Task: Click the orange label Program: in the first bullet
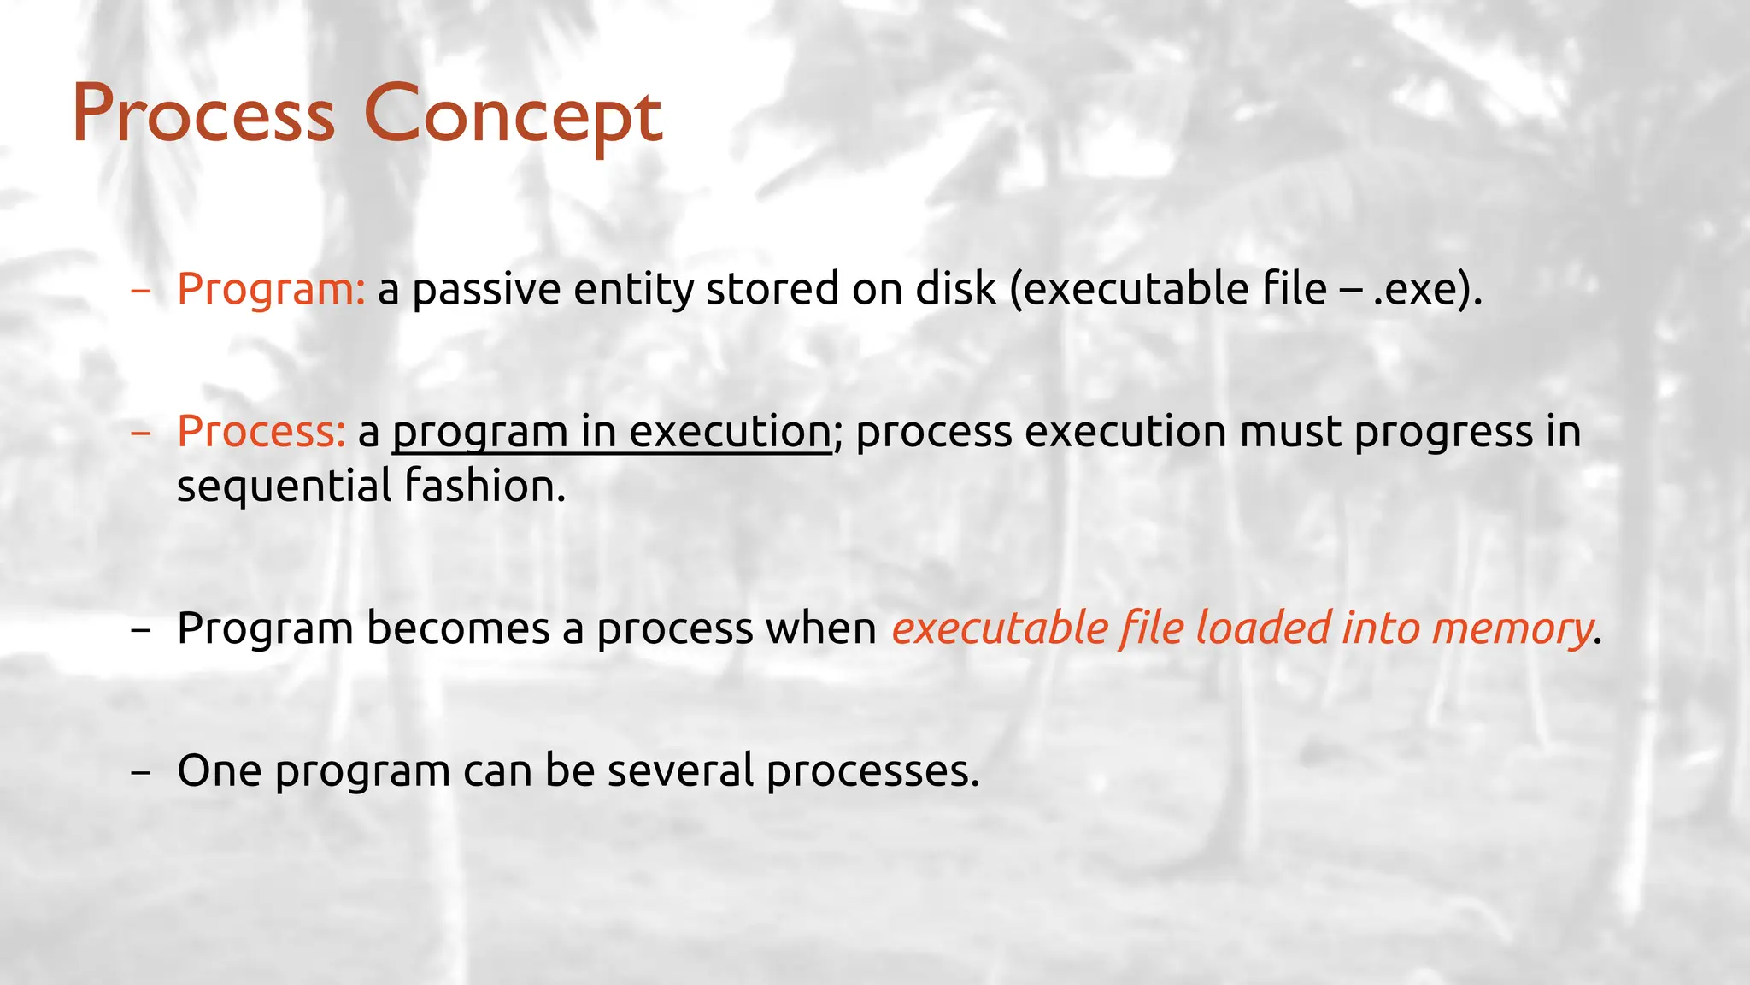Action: tap(271, 289)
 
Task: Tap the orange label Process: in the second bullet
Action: tap(261, 431)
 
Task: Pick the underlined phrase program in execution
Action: tap(611, 431)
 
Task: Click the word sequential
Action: tap(284, 486)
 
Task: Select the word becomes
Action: tap(458, 628)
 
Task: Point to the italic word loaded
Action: tap(1262, 628)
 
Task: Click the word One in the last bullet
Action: tap(219, 770)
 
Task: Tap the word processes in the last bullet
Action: tap(872, 770)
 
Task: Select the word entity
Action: tap(633, 289)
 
